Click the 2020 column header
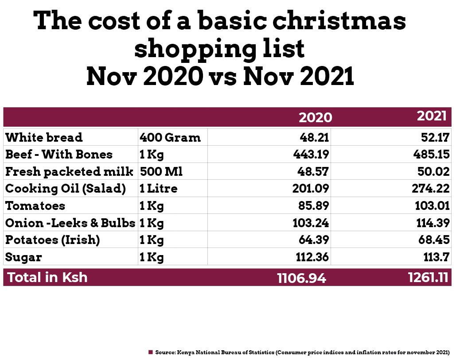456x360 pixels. (x=315, y=117)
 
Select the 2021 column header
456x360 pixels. (x=431, y=116)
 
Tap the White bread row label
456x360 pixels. (x=44, y=137)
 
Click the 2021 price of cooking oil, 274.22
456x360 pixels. (x=431, y=189)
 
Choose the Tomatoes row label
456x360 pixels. (x=35, y=206)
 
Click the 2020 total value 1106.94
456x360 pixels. (x=301, y=278)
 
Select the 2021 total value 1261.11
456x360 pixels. (x=427, y=278)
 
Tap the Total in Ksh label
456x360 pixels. (x=47, y=278)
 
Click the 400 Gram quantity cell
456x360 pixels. (x=170, y=137)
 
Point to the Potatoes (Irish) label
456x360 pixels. (x=52, y=240)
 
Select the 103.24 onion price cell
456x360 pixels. (x=311, y=223)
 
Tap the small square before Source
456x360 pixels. (x=151, y=352)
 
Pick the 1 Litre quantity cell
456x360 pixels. (x=158, y=189)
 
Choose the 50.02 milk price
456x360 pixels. (x=434, y=171)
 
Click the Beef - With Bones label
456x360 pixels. (x=59, y=155)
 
